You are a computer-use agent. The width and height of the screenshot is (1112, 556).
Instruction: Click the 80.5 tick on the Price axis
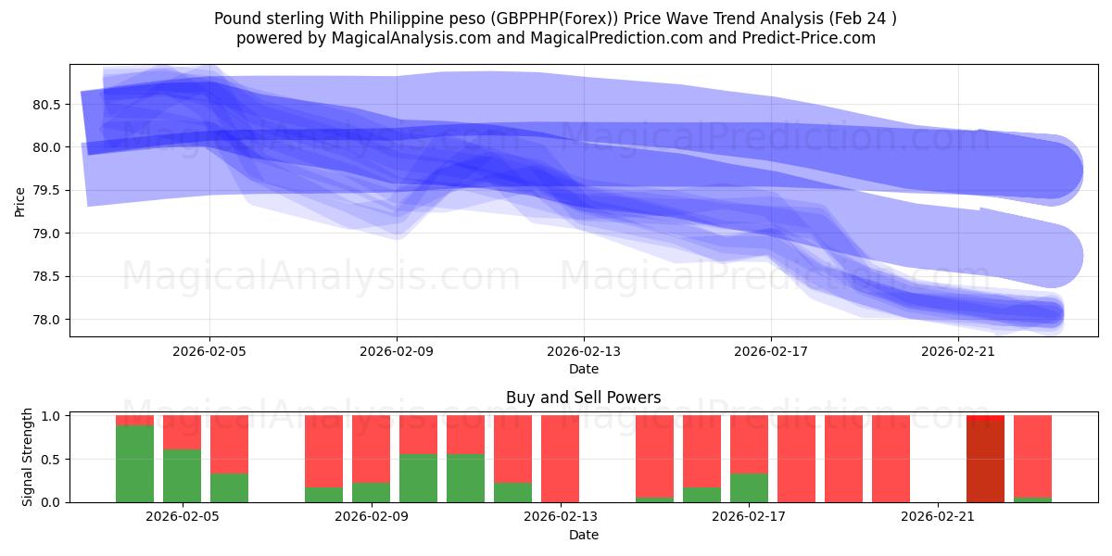[x=46, y=105]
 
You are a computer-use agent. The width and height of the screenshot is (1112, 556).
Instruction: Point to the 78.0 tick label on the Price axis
[x=46, y=320]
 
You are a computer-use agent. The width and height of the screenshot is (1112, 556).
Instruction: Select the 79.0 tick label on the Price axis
[x=46, y=234]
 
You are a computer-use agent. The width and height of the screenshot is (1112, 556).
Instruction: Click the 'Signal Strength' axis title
[x=28, y=457]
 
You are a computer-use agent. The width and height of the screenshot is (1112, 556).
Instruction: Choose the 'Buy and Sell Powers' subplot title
[x=583, y=398]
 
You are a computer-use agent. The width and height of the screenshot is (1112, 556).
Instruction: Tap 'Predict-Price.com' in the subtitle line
[x=813, y=38]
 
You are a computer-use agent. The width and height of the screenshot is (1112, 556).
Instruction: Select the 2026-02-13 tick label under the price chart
[x=583, y=352]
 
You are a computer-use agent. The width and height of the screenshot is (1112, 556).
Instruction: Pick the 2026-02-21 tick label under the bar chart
[x=938, y=517]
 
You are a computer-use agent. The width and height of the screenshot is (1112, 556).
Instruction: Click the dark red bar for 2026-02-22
[x=985, y=461]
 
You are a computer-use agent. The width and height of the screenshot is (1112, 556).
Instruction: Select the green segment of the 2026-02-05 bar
[x=182, y=475]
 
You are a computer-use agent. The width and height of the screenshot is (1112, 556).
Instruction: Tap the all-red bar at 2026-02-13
[x=560, y=459]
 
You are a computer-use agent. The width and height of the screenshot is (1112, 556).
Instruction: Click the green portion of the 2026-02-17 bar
[x=749, y=487]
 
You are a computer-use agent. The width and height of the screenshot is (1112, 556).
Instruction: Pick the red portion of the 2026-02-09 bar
[x=371, y=449]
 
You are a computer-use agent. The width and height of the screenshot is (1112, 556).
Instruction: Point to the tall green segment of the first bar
[x=134, y=463]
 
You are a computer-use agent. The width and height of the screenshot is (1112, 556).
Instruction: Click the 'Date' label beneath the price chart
[x=583, y=369]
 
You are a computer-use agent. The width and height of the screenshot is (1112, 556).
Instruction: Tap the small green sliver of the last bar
[x=1032, y=499]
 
